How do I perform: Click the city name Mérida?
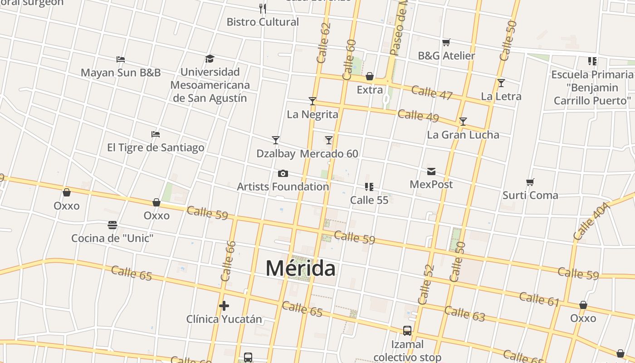(300, 268)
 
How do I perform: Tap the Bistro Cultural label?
(263, 22)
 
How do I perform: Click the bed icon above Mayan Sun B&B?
(121, 59)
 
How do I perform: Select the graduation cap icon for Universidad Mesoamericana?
(210, 59)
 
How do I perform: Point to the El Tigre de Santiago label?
(156, 147)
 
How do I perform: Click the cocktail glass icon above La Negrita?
(312, 101)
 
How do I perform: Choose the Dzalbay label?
(276, 154)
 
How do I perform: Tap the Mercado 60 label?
(329, 154)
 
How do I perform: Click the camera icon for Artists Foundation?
(283, 174)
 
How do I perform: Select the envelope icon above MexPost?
(431, 172)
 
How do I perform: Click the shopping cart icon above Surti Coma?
(530, 182)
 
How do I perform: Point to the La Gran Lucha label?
(463, 135)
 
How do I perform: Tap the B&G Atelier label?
(446, 56)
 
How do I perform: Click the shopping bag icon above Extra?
(370, 76)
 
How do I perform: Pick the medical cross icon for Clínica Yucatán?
(224, 306)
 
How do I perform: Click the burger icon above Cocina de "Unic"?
(112, 225)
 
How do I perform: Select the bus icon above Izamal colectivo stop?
(407, 331)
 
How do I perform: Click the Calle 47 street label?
(432, 92)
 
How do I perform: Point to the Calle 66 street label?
(228, 261)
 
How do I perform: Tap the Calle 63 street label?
(464, 314)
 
